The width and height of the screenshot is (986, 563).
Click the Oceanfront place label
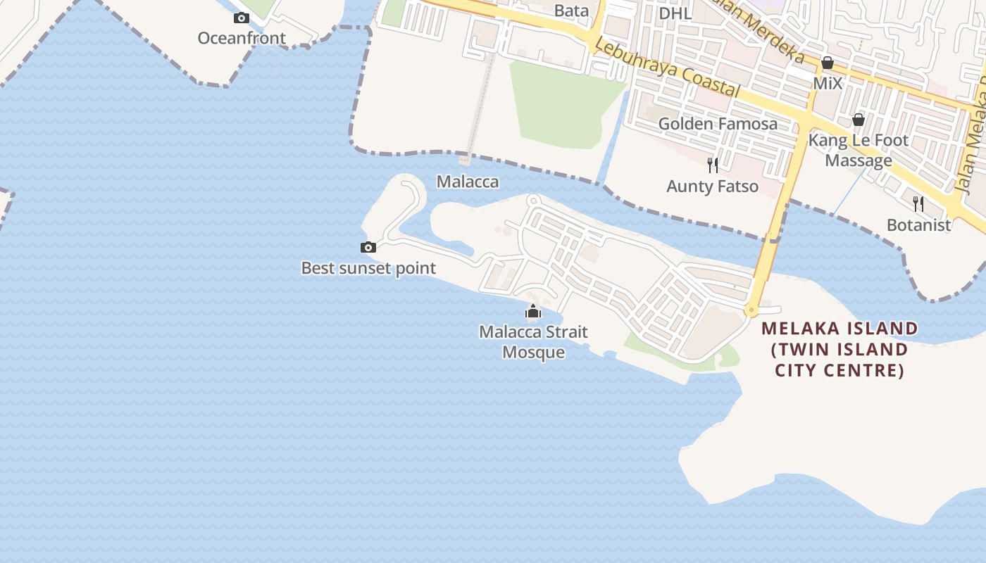coord(242,38)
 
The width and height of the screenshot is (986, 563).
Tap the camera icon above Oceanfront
coord(242,18)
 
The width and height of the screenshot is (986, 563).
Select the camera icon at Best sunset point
coord(368,247)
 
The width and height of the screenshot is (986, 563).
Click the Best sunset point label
coord(368,268)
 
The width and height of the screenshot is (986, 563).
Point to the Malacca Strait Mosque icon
coord(533,311)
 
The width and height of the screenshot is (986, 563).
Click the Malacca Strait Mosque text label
coord(533,341)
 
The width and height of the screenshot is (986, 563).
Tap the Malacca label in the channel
coord(468,182)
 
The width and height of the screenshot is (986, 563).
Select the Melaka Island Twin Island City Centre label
coord(840,349)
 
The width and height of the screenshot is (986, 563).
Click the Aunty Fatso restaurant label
coord(713,186)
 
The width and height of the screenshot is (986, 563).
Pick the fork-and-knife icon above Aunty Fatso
coord(713,165)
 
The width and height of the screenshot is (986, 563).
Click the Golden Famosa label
coord(718,124)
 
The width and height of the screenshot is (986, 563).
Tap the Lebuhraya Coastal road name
coord(666,68)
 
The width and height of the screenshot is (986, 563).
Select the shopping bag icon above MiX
coord(828,63)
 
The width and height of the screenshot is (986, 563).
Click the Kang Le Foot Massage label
coord(859,150)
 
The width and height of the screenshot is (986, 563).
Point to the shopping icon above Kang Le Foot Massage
coord(858,120)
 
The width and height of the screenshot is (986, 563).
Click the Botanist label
coord(918,225)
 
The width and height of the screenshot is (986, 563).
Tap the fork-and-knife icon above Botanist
coord(918,204)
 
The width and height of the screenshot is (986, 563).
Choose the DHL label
coord(675,13)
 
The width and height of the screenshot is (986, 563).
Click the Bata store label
coord(571,11)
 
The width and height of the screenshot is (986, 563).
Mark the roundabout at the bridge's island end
coord(751,310)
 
